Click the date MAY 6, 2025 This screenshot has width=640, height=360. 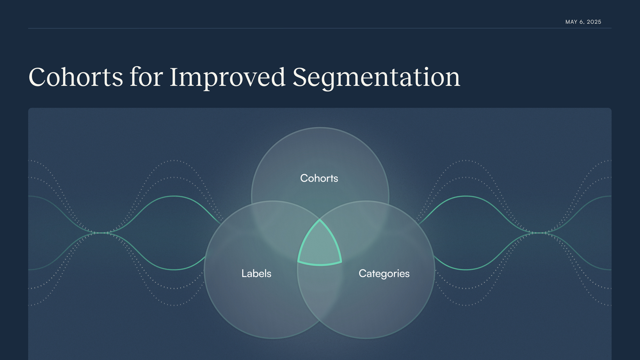coord(583,22)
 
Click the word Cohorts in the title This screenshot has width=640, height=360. coord(76,77)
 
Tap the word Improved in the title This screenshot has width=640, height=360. coord(228,78)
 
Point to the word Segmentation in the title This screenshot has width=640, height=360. coord(376,78)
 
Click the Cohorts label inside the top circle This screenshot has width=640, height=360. coord(319,178)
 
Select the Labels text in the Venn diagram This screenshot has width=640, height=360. coord(256,273)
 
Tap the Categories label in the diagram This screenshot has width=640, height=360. coord(384,274)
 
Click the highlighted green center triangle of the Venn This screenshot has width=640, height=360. coord(320,247)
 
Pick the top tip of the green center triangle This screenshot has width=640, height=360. coord(320,220)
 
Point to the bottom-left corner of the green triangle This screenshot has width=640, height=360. coord(298,261)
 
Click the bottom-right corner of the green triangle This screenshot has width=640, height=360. coord(341,261)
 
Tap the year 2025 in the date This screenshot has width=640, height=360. coord(594,22)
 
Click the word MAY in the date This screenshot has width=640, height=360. coord(571,22)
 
